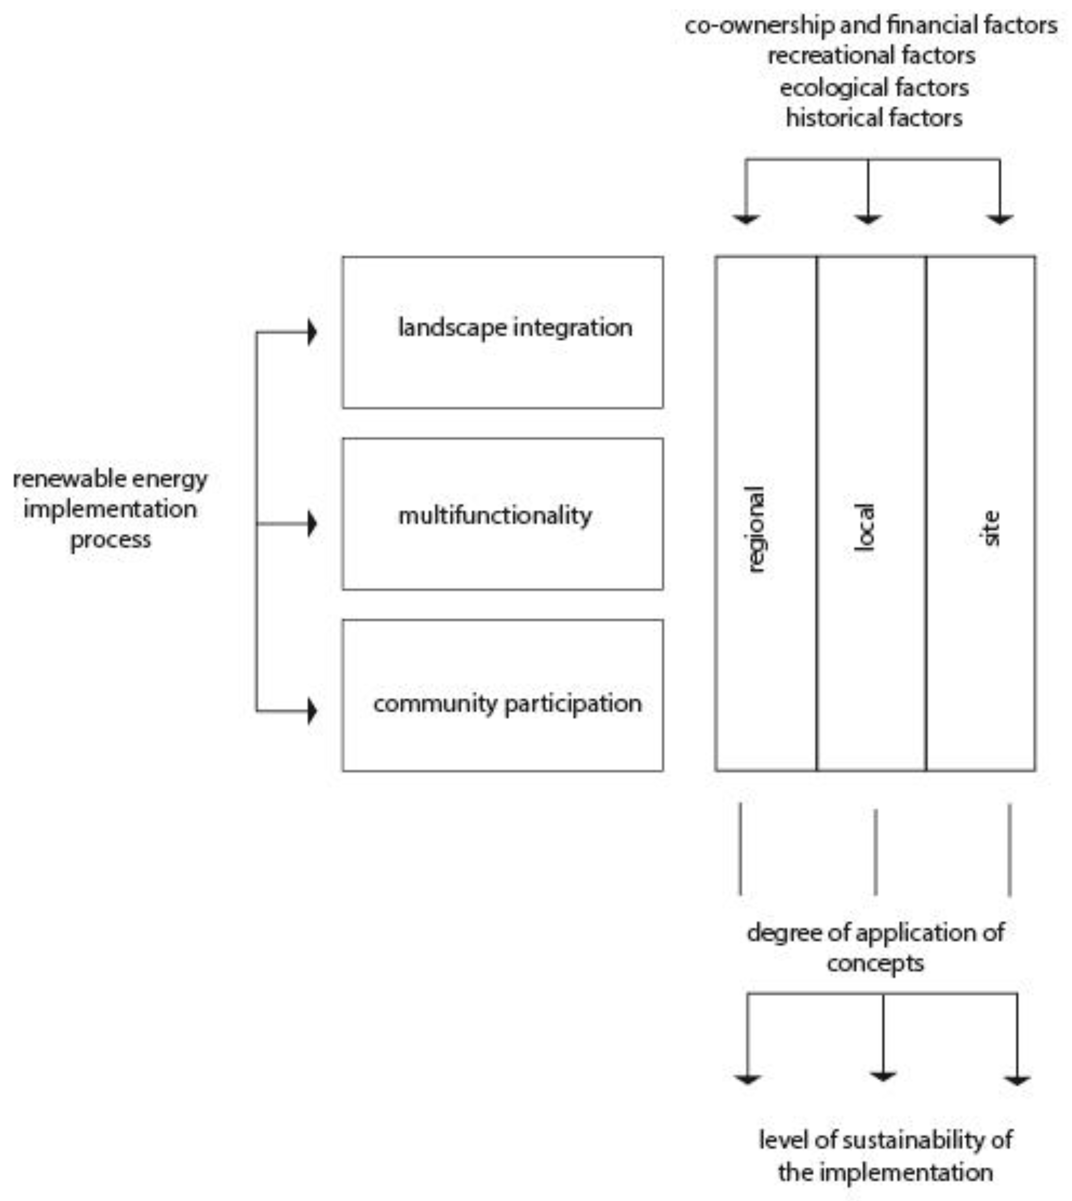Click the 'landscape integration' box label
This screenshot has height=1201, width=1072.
[515, 327]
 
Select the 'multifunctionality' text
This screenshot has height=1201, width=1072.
[495, 516]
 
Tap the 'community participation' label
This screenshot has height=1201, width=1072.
[507, 703]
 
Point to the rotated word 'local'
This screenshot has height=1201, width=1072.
[865, 527]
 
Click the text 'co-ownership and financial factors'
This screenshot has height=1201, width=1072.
[871, 25]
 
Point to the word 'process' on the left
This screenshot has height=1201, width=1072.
[110, 540]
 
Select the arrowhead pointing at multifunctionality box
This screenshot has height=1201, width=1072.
[312, 524]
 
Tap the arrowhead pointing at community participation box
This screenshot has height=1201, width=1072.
[312, 711]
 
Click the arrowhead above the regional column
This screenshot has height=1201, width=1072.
[746, 220]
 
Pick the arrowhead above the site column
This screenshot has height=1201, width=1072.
[1000, 220]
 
